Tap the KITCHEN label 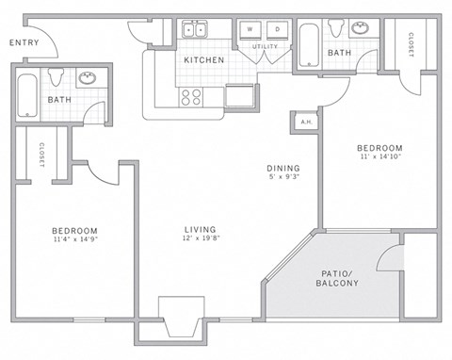(203, 60)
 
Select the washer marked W (250, 30)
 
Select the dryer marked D (277, 30)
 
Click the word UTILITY (264, 45)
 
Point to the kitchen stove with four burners (190, 95)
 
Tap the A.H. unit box (304, 122)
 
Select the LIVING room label (201, 230)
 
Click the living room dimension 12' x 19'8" (201, 240)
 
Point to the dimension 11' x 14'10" (379, 159)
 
